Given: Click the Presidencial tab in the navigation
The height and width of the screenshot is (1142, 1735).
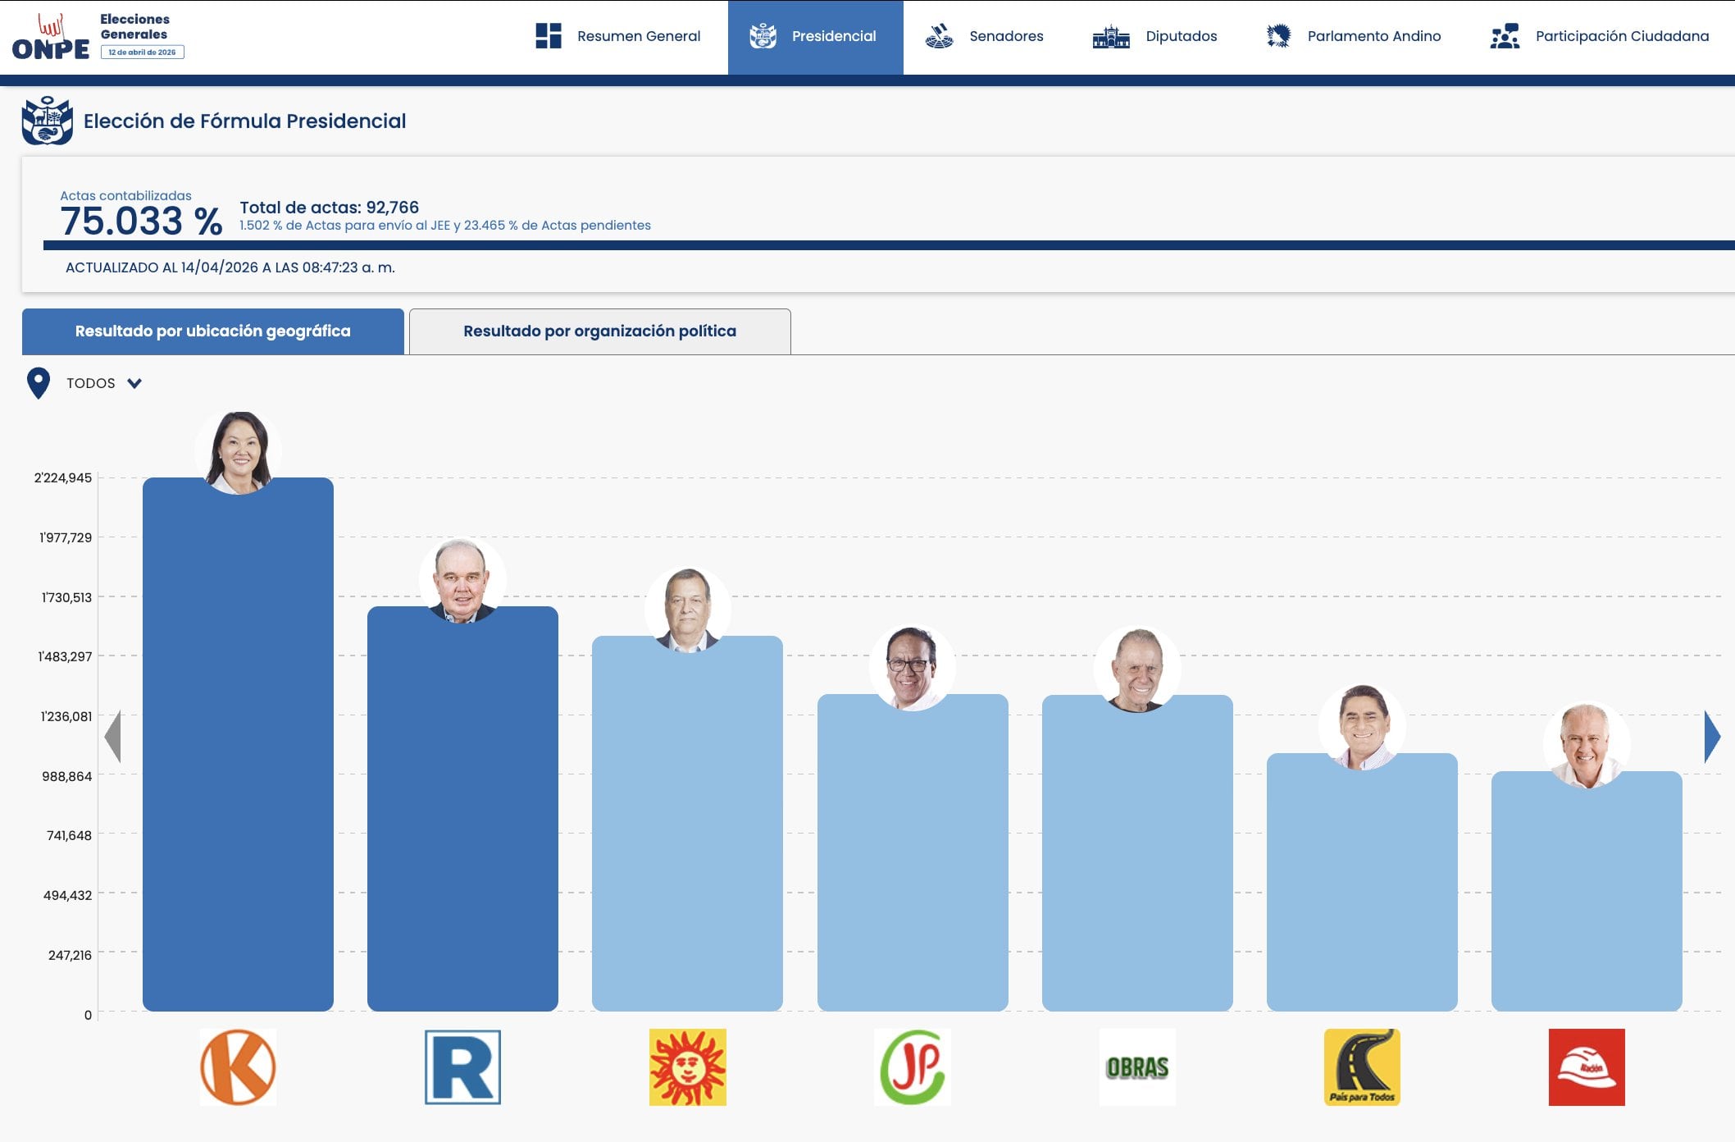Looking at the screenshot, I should point(815,36).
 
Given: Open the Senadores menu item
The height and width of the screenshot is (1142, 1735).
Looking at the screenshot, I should point(985,36).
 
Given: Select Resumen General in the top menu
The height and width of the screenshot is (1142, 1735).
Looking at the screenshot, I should point(619,36).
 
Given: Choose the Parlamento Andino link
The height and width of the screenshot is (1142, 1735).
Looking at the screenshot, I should point(1354,36).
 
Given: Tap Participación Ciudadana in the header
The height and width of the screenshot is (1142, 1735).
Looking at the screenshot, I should point(1600,36).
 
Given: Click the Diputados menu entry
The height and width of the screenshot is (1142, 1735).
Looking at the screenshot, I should point(1155,36).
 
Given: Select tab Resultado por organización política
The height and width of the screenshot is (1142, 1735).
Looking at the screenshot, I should point(599,331).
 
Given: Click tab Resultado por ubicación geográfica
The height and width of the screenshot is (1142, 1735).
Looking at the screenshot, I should point(212,331).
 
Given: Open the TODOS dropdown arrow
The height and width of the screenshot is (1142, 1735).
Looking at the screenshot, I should point(134,383).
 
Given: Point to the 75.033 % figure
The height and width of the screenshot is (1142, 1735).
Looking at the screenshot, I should point(141,222).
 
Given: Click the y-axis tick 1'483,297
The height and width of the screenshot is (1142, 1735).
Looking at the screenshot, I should point(65,656).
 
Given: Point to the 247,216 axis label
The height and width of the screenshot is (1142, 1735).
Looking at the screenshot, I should point(70,955).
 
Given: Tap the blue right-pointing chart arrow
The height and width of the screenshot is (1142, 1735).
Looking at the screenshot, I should point(1711,737).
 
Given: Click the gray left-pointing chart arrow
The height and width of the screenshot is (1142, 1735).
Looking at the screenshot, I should point(113,737).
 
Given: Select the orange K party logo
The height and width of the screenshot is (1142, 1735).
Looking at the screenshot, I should point(238,1067).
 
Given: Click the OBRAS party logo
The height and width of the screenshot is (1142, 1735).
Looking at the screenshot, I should point(1137,1067).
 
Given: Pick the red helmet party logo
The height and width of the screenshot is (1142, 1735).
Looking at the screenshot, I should point(1587,1067).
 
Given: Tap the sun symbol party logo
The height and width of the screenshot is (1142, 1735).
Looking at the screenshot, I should point(687,1067).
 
